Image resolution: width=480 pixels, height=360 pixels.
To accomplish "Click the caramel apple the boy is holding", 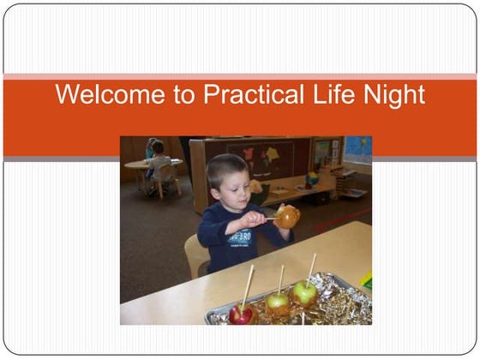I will pos(286,217).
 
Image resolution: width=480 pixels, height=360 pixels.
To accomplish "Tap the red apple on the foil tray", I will pos(241,314).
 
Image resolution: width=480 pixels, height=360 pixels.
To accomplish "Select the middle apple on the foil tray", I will pos(276,301).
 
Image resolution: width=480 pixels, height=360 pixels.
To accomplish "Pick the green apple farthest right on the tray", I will pos(303,292).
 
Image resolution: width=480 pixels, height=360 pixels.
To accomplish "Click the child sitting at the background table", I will pos(155,161).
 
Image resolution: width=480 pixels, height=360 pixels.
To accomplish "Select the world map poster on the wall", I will pos(357,149).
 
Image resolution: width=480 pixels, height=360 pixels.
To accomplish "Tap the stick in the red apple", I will pos(248,286).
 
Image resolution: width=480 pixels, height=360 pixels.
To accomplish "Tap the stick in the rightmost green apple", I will pos(310,267).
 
